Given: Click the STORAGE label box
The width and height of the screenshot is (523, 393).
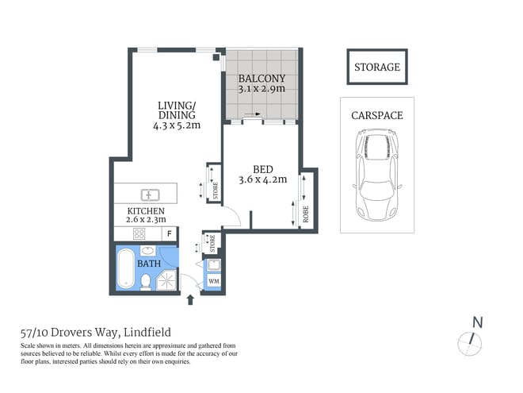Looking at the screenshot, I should [376, 67].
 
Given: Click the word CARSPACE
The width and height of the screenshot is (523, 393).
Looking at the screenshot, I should [376, 116].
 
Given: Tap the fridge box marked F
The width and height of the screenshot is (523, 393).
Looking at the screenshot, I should [168, 234].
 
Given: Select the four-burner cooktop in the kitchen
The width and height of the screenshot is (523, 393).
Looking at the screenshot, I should [139, 234].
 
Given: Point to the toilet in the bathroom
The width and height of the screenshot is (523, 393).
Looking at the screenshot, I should [147, 281].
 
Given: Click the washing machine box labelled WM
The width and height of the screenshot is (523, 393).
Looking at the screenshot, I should [213, 282].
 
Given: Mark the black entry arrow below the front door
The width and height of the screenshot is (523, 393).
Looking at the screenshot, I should [189, 299].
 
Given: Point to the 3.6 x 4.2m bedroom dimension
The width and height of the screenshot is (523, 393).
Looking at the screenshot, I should [262, 179].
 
